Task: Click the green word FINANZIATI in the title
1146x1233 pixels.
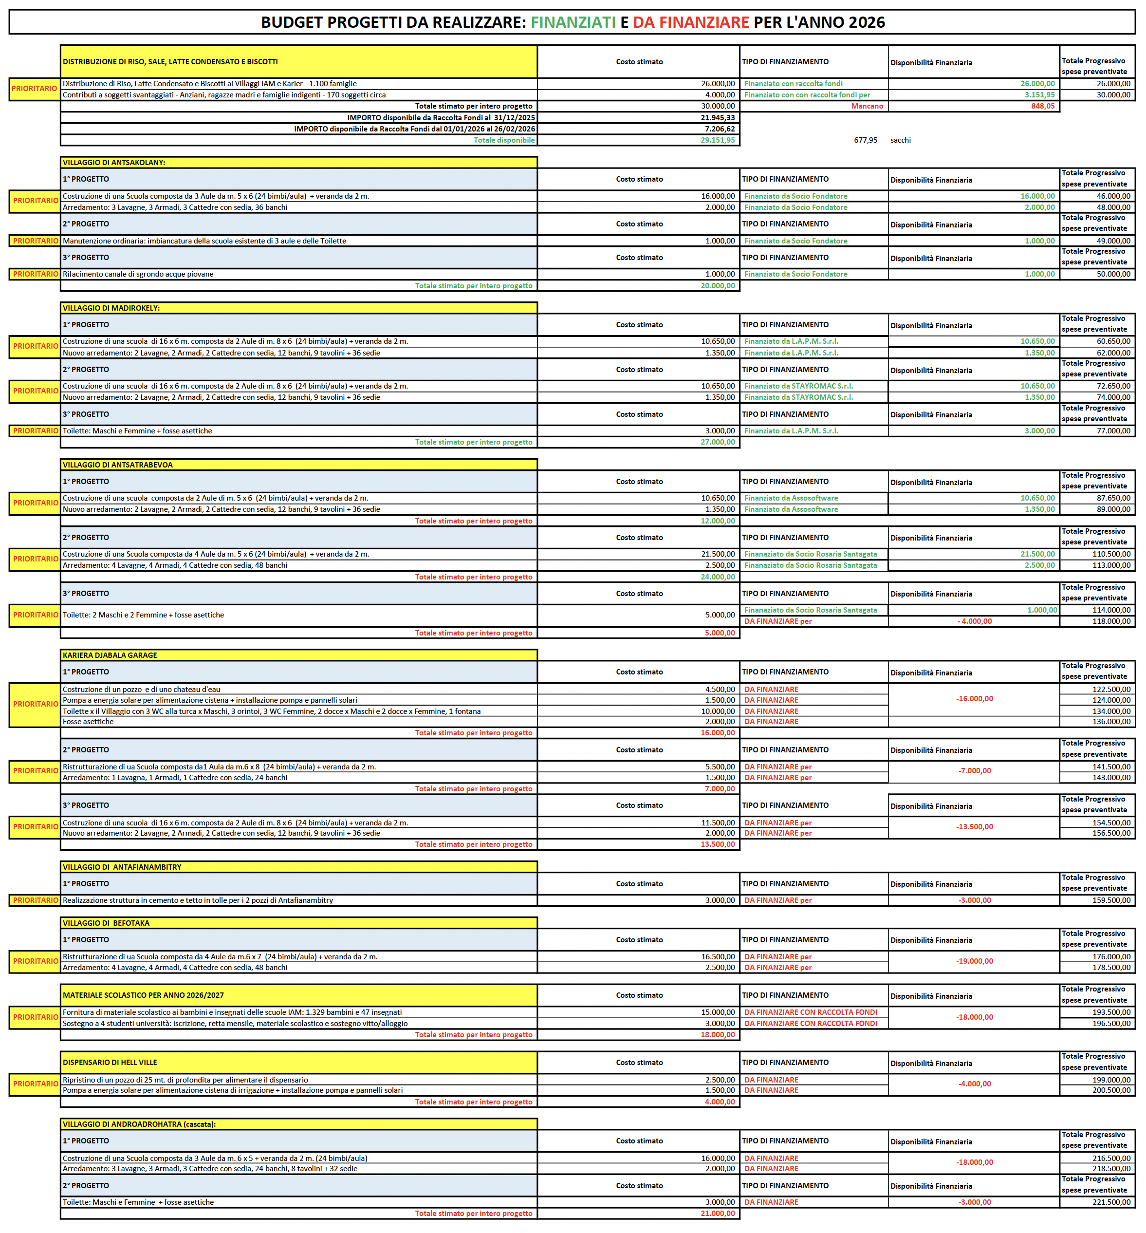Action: [x=573, y=22]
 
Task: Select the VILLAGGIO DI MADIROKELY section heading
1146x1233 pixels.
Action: [x=111, y=308]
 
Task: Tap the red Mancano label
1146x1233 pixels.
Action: [x=867, y=106]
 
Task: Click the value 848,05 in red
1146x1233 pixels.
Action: [x=1042, y=106]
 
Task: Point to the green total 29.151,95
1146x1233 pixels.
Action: [x=718, y=140]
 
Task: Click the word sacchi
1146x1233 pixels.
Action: [x=901, y=140]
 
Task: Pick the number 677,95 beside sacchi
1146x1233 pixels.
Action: [x=865, y=140]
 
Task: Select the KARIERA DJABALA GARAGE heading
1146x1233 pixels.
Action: [x=110, y=655]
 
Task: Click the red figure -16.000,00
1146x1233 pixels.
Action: [x=974, y=699]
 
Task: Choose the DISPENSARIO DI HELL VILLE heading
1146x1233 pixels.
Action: [x=110, y=1063]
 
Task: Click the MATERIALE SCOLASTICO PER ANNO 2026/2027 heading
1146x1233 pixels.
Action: [x=143, y=995]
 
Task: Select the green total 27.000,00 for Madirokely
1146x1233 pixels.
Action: [x=718, y=442]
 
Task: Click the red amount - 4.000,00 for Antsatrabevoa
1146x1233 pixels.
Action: [x=974, y=621]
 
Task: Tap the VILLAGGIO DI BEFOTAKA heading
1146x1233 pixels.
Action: [x=106, y=923]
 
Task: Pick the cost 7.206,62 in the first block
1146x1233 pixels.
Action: [x=720, y=129]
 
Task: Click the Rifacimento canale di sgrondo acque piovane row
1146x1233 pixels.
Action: [x=138, y=274]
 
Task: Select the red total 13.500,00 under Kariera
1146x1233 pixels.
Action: [x=718, y=845]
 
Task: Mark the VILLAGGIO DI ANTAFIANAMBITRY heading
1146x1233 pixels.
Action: [x=122, y=867]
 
